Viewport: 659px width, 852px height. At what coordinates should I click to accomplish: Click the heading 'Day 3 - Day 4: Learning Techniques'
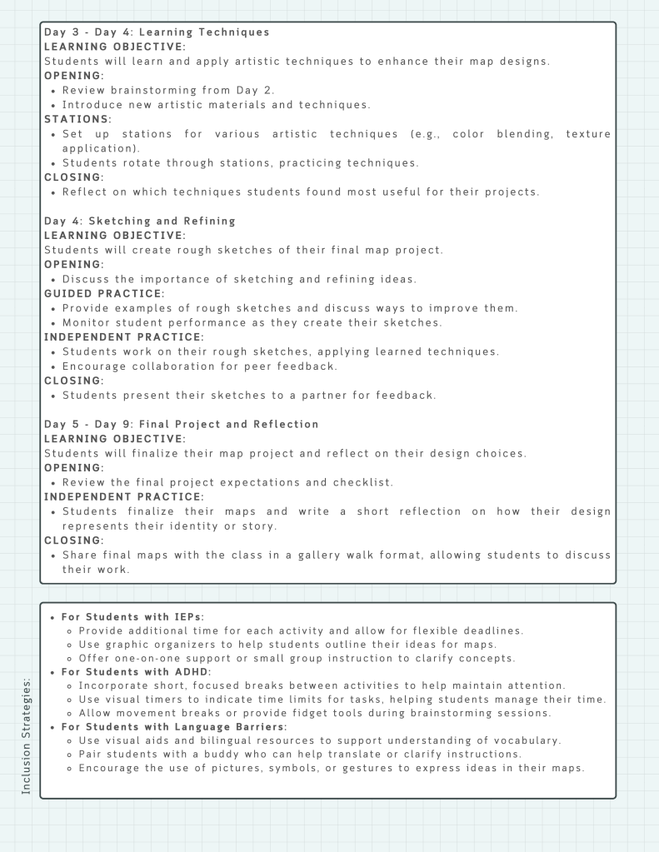click(x=157, y=32)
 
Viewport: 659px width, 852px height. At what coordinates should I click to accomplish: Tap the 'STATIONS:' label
click(x=77, y=119)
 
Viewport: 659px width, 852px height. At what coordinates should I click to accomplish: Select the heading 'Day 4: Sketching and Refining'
click(x=140, y=221)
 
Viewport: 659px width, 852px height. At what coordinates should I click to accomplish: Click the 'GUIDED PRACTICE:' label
click(x=104, y=293)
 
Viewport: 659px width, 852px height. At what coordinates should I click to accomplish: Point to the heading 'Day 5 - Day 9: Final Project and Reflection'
click(x=182, y=424)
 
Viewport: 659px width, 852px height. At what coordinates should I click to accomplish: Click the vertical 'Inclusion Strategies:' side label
click(x=26, y=735)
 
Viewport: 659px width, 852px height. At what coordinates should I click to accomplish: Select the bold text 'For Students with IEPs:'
click(x=133, y=617)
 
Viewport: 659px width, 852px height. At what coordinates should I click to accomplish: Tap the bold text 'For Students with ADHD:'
click(x=137, y=671)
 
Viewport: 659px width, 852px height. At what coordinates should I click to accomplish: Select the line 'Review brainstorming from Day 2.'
click(x=168, y=90)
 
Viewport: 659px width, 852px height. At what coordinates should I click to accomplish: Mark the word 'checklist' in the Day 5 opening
click(x=364, y=482)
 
